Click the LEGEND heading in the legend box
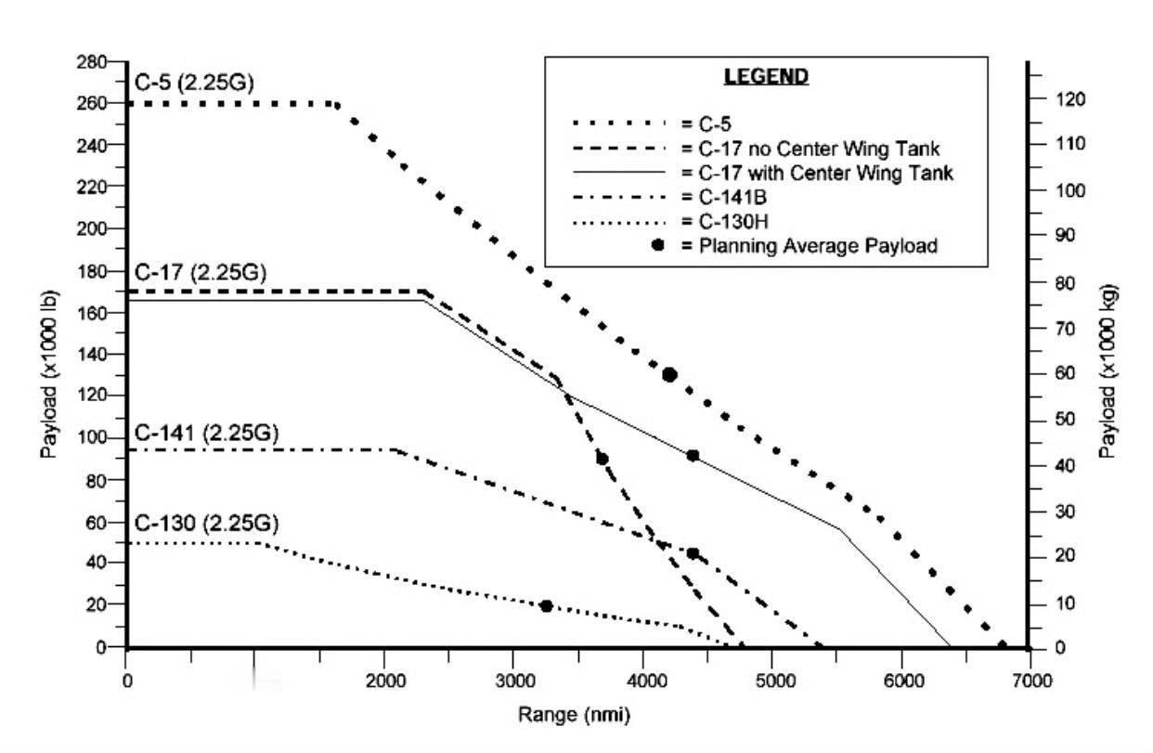click(766, 76)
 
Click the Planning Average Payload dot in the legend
click(658, 245)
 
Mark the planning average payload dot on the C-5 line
click(668, 374)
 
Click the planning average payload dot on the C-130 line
click(546, 606)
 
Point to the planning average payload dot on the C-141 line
click(693, 553)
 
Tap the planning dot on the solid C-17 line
click(693, 456)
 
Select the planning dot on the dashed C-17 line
click(602, 459)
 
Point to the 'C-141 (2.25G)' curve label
click(207, 434)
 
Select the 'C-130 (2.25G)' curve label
click(206, 522)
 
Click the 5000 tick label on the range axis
click(772, 681)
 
